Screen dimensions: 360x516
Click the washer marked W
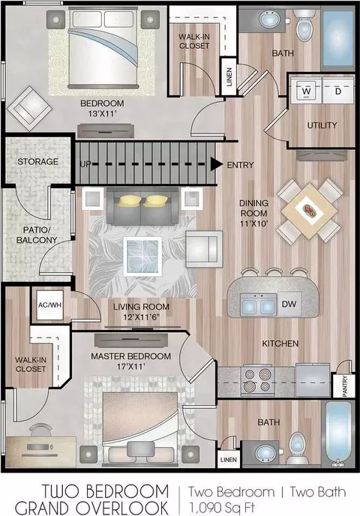[x=306, y=91]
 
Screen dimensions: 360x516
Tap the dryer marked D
[x=337, y=91]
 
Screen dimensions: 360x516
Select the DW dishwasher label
[x=289, y=304]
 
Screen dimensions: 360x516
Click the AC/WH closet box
[x=49, y=305]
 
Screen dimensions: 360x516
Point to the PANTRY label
[x=345, y=386]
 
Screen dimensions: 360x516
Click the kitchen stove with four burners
[x=258, y=381]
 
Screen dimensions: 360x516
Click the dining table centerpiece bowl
[x=310, y=210]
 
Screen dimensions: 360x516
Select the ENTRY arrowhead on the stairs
[x=217, y=164]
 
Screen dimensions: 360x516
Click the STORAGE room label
[x=37, y=161]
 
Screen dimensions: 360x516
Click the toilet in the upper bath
[x=304, y=25]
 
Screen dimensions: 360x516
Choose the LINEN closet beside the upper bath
[x=229, y=76]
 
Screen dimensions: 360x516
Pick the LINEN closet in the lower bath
[x=228, y=460]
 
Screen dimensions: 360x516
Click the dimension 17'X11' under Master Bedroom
[x=131, y=366]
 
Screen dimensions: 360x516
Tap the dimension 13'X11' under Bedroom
[x=103, y=114]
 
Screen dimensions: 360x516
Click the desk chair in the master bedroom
[x=40, y=429]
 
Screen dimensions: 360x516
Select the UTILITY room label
[x=322, y=125]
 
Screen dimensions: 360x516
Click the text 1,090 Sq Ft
[x=223, y=505]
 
